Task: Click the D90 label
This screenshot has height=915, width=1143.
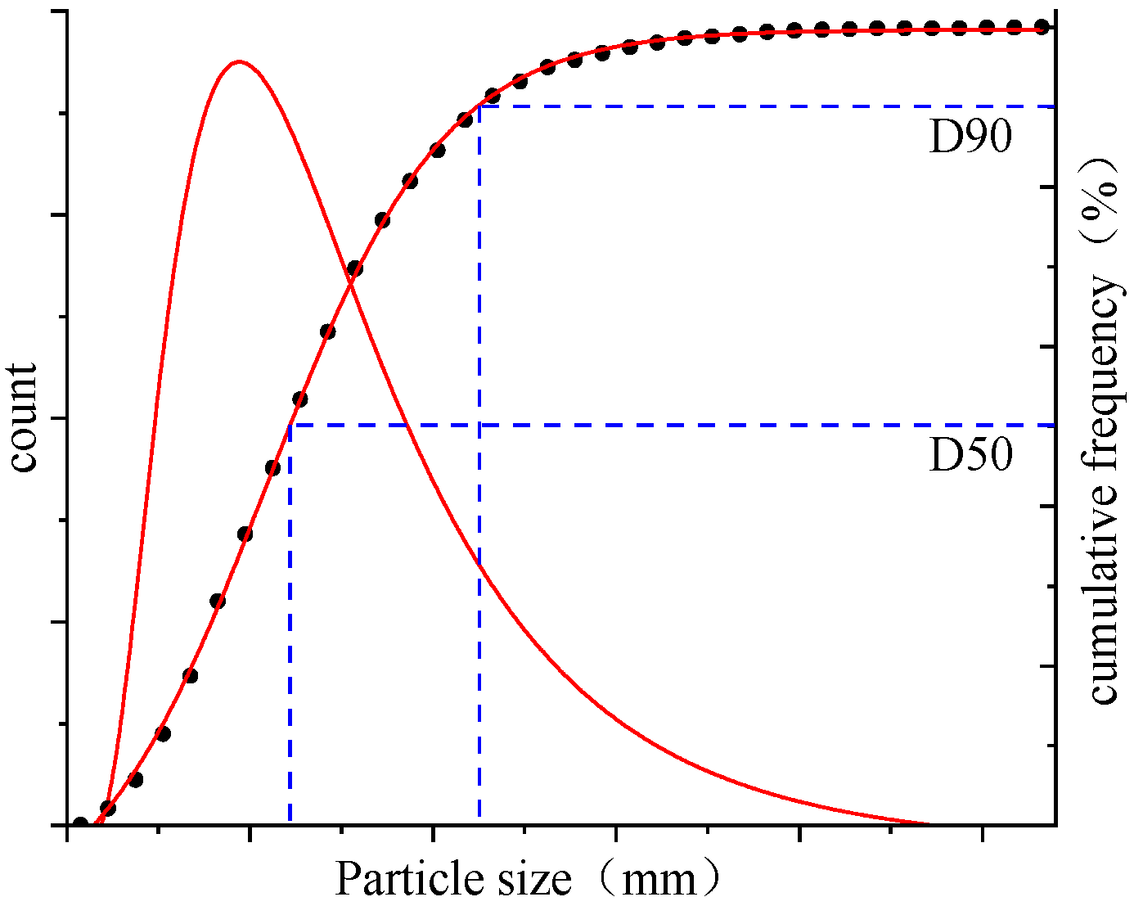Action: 970,138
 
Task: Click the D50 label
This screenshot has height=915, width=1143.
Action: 970,456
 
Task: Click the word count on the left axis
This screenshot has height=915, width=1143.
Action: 24,418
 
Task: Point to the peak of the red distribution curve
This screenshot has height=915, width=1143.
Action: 238,61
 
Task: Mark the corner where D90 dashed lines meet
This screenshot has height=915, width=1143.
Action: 479,106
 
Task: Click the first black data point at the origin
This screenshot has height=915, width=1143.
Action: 80,824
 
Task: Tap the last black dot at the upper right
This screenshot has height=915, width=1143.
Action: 1042,26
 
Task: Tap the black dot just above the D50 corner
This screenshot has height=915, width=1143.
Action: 299,399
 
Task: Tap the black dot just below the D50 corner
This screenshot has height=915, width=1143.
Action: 272,468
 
